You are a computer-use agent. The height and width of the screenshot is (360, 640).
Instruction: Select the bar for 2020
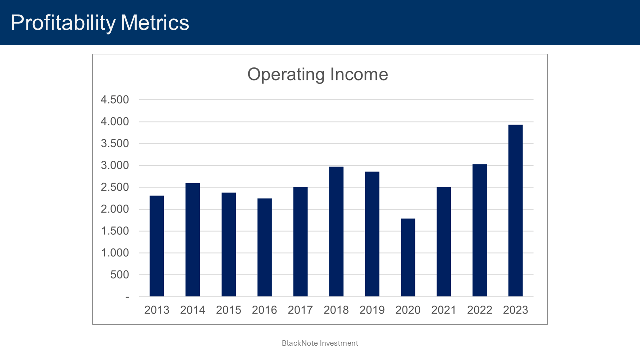[408, 257]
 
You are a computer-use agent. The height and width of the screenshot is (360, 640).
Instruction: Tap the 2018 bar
[336, 231]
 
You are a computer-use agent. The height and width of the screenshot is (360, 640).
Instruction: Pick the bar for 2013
[157, 246]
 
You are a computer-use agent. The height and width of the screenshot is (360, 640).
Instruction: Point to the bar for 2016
[264, 247]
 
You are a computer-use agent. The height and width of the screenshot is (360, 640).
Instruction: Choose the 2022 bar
[480, 230]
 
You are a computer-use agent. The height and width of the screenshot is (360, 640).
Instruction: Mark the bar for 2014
[193, 240]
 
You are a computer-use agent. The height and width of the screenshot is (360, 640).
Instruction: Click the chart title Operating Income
[318, 74]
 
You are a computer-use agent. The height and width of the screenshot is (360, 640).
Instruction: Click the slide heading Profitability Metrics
[100, 23]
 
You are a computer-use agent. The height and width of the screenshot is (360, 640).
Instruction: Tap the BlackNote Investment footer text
[320, 343]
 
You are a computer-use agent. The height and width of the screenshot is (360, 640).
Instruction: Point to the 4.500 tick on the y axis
[115, 100]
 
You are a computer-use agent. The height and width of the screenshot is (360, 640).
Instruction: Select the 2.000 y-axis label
[115, 209]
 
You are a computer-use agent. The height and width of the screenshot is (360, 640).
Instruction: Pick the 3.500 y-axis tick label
[115, 144]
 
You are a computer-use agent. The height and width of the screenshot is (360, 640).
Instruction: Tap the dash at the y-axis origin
[127, 297]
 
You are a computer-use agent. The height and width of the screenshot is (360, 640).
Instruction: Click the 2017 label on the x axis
[300, 310]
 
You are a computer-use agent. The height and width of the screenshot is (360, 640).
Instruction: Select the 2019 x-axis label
[372, 310]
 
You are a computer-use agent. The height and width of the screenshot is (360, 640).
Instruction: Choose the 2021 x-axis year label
[444, 310]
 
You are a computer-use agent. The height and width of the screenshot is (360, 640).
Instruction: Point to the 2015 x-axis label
[229, 310]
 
